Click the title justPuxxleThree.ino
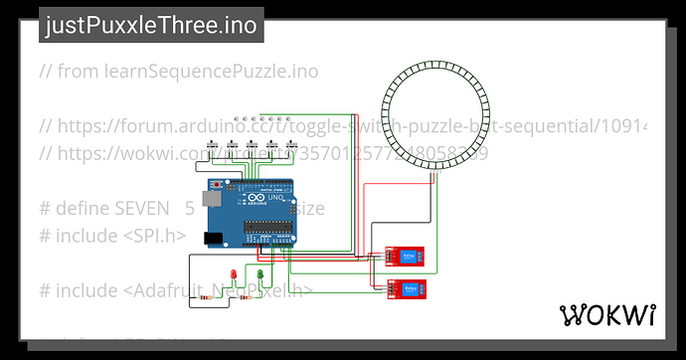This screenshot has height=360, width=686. [150, 27]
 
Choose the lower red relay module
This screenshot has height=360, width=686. [412, 288]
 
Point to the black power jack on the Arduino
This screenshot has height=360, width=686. [211, 239]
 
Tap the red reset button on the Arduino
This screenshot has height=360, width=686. [218, 186]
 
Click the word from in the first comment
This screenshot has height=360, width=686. [77, 72]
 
